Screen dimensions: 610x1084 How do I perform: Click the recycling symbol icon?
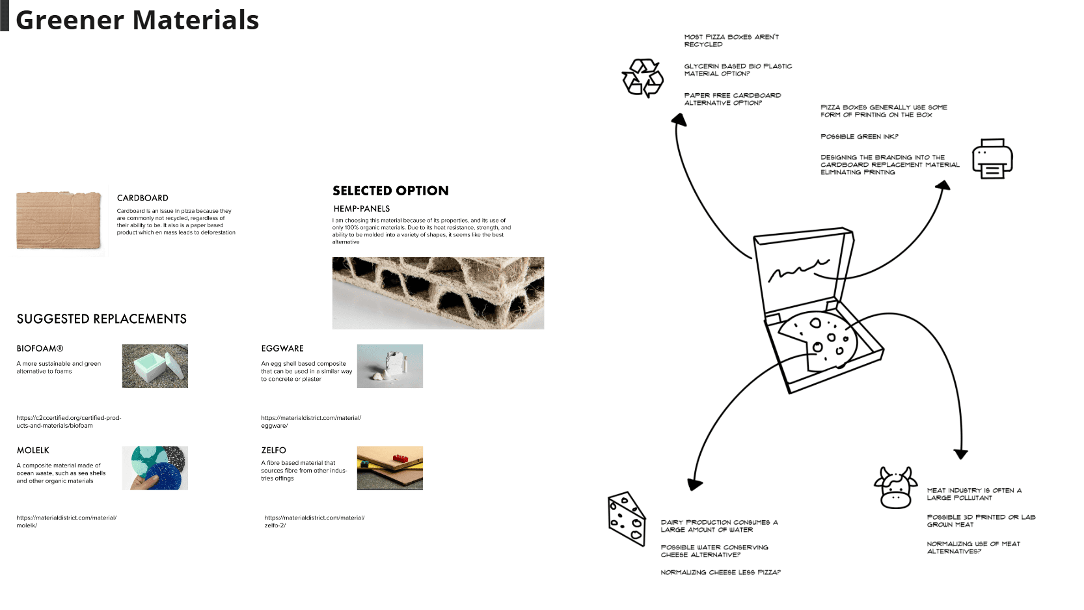coord(642,78)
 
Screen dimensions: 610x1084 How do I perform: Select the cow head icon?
coord(895,488)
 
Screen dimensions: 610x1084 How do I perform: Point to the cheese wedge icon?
coord(626,518)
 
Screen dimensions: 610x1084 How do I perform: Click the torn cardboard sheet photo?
coord(59,220)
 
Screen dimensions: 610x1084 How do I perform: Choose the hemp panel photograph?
coord(438,293)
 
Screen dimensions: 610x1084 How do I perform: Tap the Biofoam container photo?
coord(155,366)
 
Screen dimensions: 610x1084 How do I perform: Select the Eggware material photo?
coord(390,366)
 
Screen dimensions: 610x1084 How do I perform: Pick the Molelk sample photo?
coord(155,467)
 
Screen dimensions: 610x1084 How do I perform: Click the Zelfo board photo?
coord(390,467)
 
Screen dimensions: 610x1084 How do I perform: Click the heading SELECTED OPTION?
coord(390,191)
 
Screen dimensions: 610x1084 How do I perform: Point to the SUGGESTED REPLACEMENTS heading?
coord(102,319)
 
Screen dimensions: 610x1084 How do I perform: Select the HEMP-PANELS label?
coord(362,209)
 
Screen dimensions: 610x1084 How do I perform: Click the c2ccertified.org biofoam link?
coord(68,421)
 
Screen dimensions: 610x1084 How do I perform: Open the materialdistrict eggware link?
coord(310,421)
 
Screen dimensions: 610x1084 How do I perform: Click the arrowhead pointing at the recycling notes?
coord(679,119)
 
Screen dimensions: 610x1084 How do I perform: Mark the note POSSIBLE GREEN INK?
coord(859,137)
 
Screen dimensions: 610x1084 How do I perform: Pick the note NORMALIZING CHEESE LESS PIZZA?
coord(720,572)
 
